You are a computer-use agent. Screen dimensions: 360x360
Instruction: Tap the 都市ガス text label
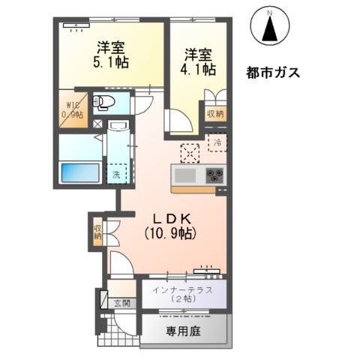click(x=273, y=73)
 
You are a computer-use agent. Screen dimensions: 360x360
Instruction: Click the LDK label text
click(x=173, y=218)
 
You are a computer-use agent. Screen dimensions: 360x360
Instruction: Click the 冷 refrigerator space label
click(x=217, y=142)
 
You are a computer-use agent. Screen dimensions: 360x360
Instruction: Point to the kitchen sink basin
click(x=184, y=176)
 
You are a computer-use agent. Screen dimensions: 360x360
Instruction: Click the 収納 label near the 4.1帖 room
click(x=215, y=115)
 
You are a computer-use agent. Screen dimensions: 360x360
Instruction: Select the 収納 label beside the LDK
click(x=97, y=231)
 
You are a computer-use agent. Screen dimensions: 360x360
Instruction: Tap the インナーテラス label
click(x=183, y=289)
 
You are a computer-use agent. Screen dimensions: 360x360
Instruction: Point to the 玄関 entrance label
click(x=121, y=303)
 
